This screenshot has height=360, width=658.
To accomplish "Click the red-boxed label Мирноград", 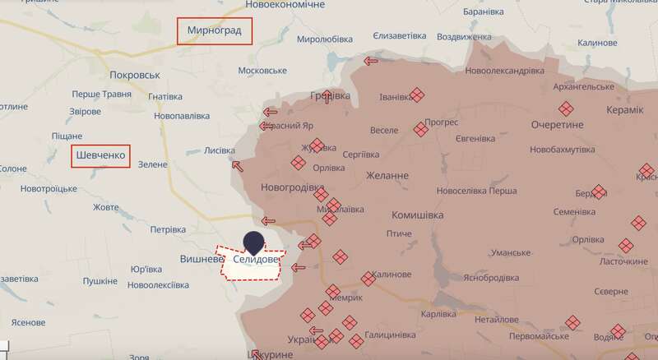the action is [x=215, y=31].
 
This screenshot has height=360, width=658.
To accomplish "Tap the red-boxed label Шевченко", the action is [x=101, y=156].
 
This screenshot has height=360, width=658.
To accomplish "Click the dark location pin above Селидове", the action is [x=255, y=243].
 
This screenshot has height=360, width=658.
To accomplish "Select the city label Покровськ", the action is [x=134, y=75].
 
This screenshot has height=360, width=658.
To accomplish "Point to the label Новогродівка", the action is [x=292, y=187].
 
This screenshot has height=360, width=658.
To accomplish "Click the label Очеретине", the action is [x=557, y=125].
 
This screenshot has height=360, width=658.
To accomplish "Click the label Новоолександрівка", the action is [x=504, y=71].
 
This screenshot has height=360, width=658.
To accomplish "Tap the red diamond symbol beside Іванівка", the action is [x=417, y=95].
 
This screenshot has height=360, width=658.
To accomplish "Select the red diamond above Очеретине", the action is [x=566, y=108].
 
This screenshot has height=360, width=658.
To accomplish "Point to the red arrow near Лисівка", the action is [x=239, y=164].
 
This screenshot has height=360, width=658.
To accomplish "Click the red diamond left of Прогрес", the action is [x=421, y=129].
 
